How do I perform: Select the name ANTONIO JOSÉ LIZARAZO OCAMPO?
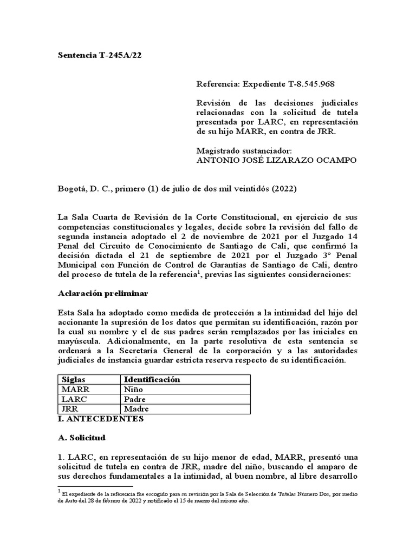pyautogui.click(x=276, y=161)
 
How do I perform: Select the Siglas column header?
pyautogui.click(x=74, y=379)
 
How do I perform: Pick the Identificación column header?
pyautogui.click(x=152, y=379)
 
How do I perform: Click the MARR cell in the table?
pyautogui.click(x=75, y=389)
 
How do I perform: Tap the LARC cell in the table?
pyautogui.click(x=75, y=399)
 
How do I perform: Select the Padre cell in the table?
pyautogui.click(x=135, y=399)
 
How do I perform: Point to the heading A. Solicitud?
pyautogui.click(x=82, y=437)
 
